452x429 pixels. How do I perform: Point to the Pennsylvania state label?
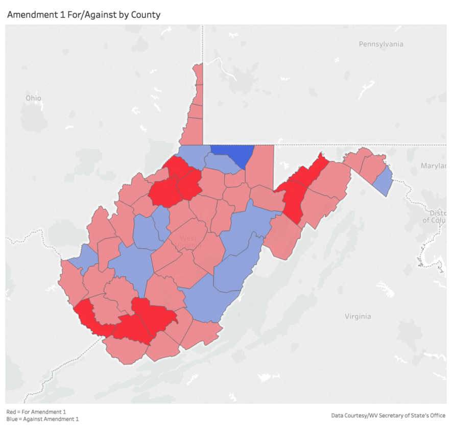[380, 44]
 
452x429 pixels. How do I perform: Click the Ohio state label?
[33, 98]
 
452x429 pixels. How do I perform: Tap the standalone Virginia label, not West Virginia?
[358, 316]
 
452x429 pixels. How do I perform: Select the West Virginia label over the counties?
[188, 242]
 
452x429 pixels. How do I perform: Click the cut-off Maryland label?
[433, 165]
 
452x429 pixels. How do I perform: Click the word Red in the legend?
[11, 411]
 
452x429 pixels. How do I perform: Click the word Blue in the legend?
[11, 419]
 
